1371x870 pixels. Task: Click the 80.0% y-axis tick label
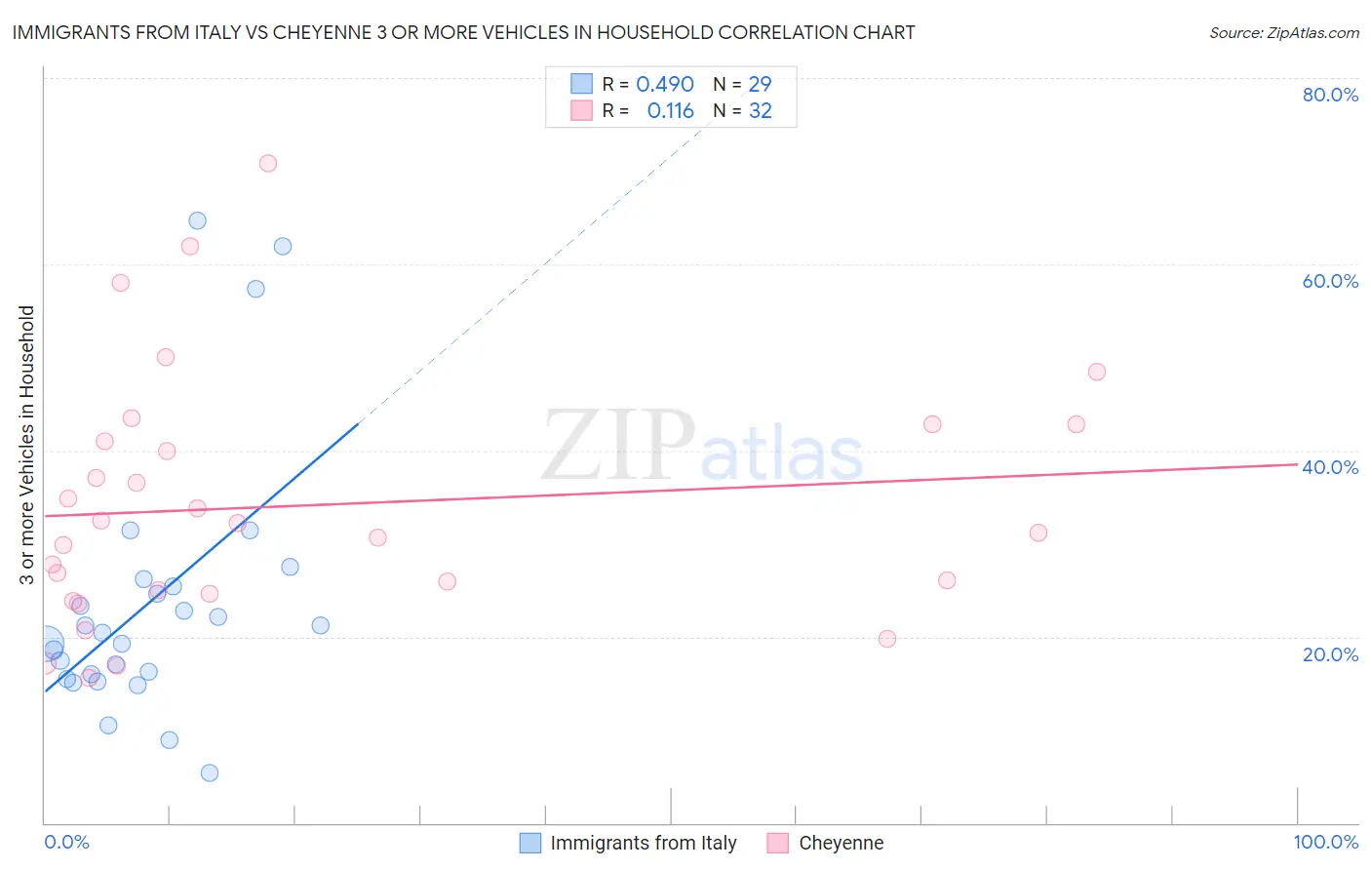point(1330,95)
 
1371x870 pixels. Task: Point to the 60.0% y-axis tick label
point(1330,281)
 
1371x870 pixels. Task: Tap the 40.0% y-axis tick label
point(1330,467)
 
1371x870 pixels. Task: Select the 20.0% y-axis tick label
point(1330,654)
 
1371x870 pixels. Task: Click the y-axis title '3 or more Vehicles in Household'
point(26,445)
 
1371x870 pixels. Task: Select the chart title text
point(463,32)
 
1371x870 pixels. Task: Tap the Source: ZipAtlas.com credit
point(1283,32)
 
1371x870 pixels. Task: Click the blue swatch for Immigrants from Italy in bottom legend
point(530,843)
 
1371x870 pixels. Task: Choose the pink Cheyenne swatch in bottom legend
point(777,843)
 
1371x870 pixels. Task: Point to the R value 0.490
point(664,85)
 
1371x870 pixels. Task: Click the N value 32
point(760,111)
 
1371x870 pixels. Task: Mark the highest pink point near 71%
point(268,163)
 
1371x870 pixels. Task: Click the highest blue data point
point(197,220)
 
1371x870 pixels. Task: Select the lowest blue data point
point(210,773)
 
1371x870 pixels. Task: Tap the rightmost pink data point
point(1097,372)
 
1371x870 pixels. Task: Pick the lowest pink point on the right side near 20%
point(887,639)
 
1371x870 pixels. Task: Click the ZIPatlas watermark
point(702,448)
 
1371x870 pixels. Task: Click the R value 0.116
point(670,111)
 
